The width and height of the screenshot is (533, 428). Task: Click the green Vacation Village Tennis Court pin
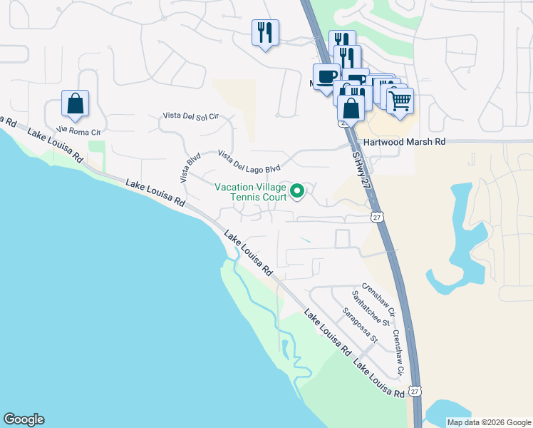[x=299, y=191]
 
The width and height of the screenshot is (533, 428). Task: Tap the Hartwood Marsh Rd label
[x=404, y=142]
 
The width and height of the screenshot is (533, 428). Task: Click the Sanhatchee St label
[x=375, y=307]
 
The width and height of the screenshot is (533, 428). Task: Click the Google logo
[x=24, y=419]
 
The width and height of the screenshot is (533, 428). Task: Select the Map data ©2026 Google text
[x=489, y=422]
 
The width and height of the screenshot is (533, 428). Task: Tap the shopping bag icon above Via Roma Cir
[x=75, y=104]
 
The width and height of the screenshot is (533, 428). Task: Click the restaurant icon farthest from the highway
[x=264, y=31]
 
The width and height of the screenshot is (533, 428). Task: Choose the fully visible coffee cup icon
[x=326, y=76]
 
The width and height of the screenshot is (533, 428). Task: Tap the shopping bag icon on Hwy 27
[x=351, y=108]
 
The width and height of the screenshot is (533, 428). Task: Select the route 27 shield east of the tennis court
[x=377, y=217]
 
